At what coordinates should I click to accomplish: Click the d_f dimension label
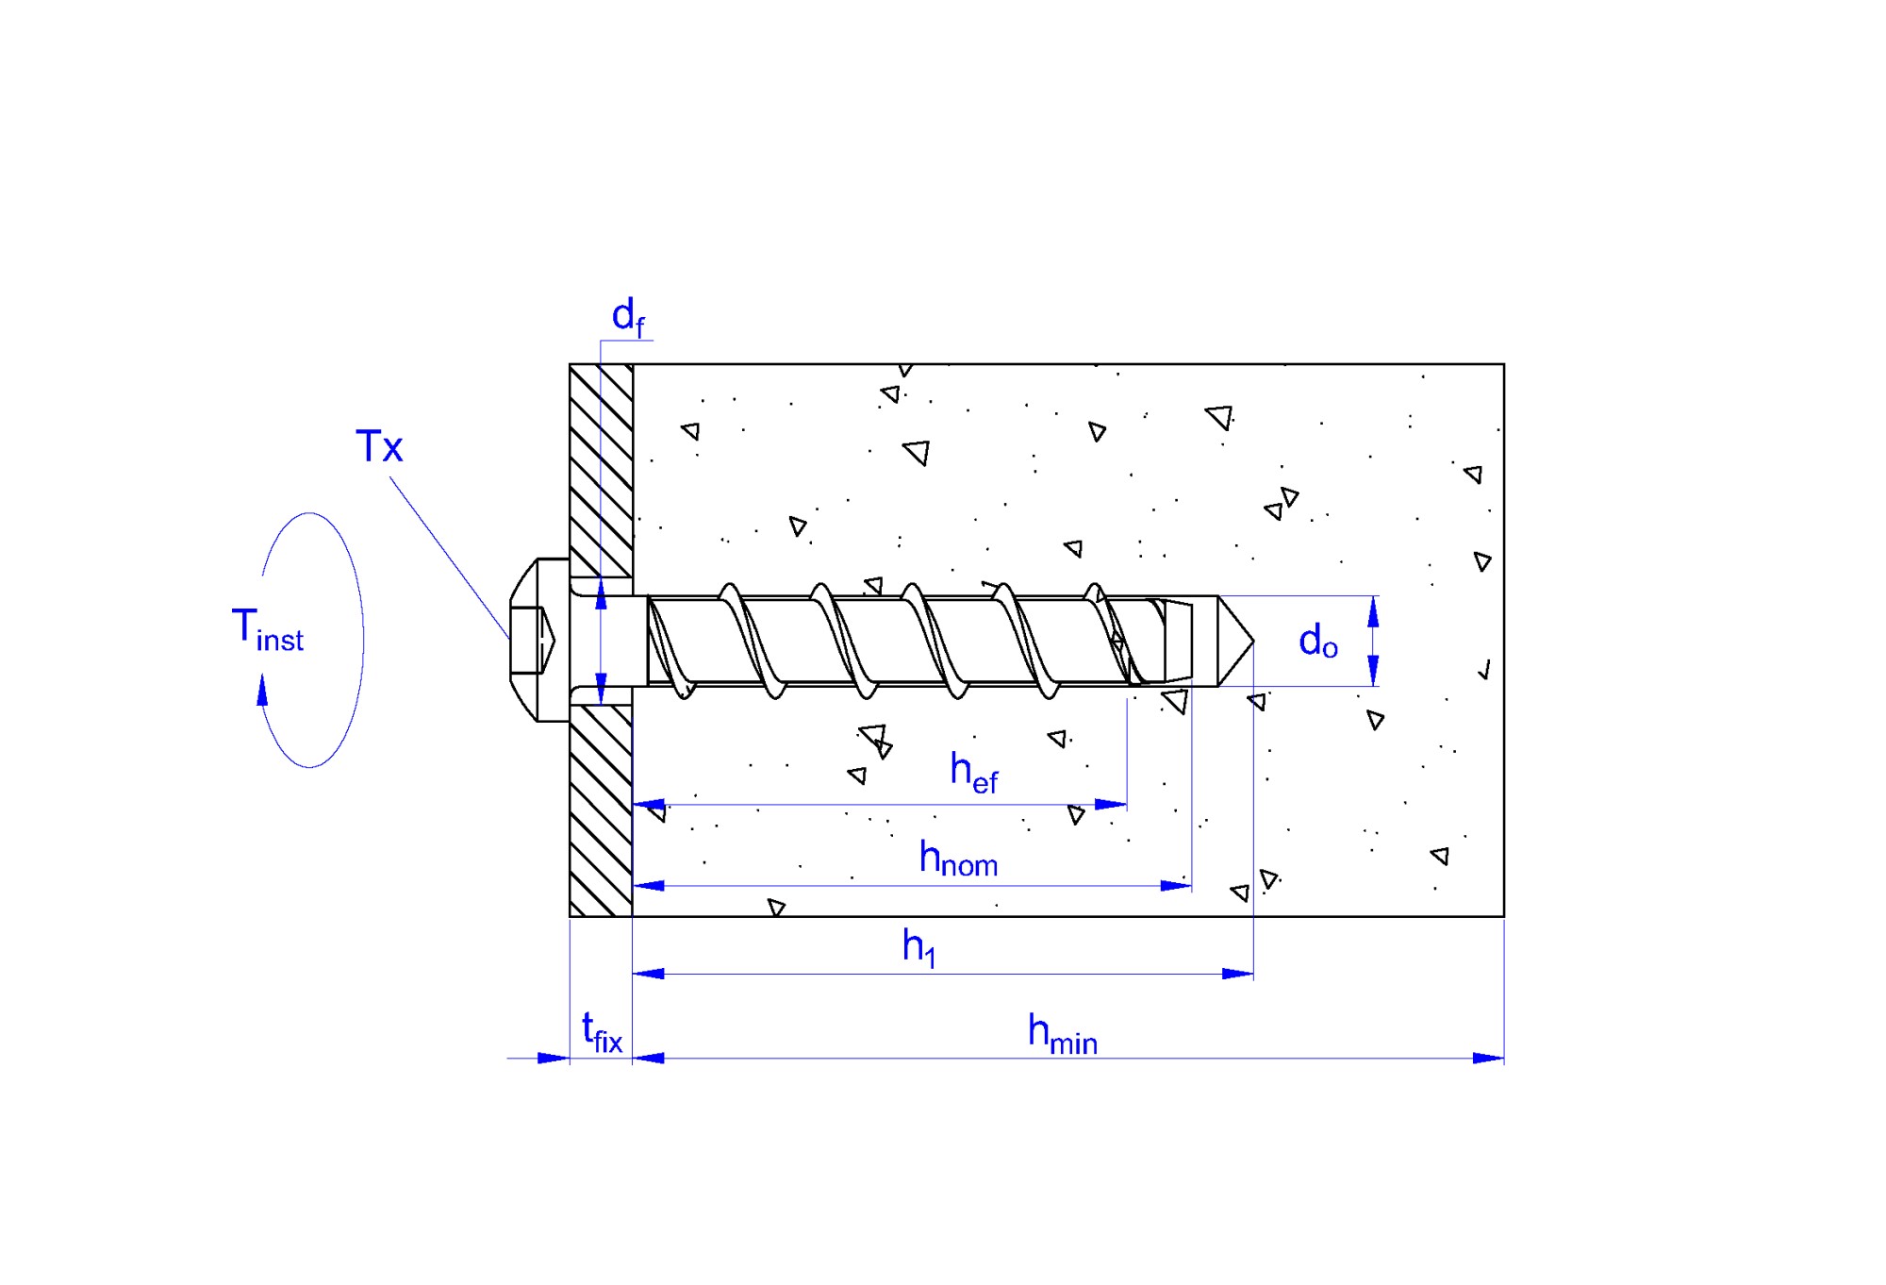point(628,317)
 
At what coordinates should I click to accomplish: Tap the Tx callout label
point(379,446)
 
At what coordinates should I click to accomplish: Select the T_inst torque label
point(268,629)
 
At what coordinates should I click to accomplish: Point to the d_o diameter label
point(1318,642)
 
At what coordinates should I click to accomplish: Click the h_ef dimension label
point(974,773)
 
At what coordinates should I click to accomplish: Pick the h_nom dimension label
point(958,859)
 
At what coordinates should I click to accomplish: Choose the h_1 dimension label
point(919,946)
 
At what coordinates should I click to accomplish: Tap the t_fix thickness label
point(603,1032)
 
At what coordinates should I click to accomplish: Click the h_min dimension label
point(1063,1034)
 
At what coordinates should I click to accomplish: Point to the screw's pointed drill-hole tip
point(1252,642)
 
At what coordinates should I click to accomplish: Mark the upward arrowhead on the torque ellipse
point(262,690)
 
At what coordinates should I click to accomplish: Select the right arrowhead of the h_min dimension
point(1488,1059)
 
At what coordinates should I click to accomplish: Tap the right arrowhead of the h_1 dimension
point(1237,974)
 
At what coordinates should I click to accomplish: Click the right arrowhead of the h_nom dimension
point(1176,886)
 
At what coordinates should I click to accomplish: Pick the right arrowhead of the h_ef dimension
point(1111,805)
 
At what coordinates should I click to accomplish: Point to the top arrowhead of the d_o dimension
point(1373,612)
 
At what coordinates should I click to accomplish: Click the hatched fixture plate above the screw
point(601,470)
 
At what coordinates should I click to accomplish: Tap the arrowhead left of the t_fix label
point(554,1059)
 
